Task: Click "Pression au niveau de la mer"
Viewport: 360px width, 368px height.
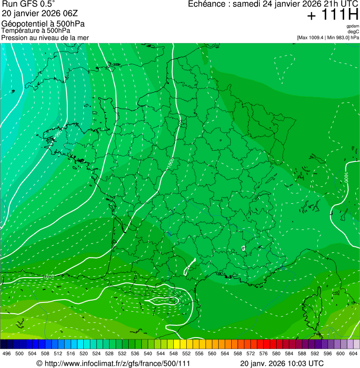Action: pos(45,37)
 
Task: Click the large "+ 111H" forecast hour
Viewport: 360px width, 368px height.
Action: pos(332,15)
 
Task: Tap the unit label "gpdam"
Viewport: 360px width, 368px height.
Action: pos(353,26)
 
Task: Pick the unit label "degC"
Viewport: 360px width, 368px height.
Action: pos(353,31)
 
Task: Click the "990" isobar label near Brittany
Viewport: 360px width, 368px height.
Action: pos(58,134)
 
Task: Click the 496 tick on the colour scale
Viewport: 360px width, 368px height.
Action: pos(7,353)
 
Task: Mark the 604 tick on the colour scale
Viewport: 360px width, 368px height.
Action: pos(353,353)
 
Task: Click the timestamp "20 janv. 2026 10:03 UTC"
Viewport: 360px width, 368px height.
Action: pos(281,363)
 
